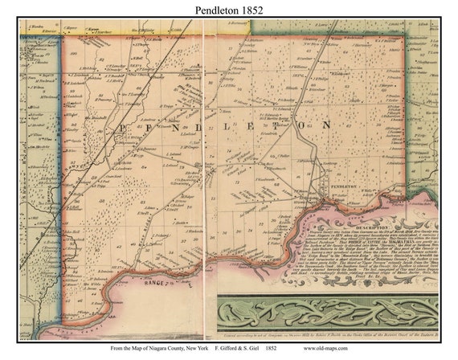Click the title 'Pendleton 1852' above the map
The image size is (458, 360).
coord(229,10)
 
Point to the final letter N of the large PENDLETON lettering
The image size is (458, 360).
coord(326,126)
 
